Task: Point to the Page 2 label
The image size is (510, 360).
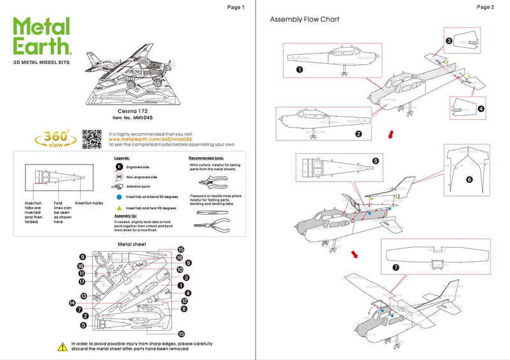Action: (x=485, y=7)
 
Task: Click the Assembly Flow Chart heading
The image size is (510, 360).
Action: (x=305, y=20)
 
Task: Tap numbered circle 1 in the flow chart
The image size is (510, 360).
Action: (x=298, y=69)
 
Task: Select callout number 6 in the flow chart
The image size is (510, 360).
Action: (x=469, y=180)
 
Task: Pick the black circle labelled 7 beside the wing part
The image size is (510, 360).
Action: (x=395, y=268)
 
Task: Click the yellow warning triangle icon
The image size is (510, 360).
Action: (x=62, y=346)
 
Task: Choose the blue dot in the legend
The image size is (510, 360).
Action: (x=119, y=198)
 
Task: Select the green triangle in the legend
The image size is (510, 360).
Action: (x=119, y=208)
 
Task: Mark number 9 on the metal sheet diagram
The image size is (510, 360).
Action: (x=83, y=257)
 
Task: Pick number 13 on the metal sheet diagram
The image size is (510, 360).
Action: (x=83, y=296)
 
